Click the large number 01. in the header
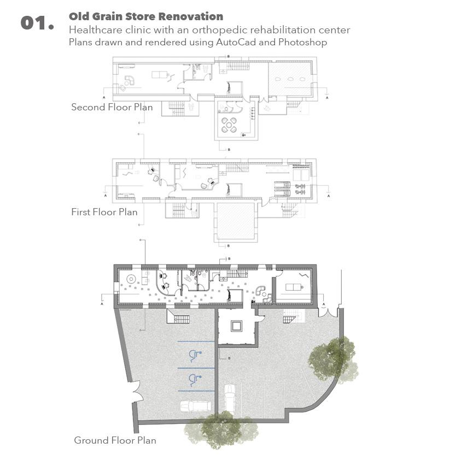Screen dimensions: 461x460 coord(37,23)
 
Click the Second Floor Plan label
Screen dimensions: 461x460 coord(112,107)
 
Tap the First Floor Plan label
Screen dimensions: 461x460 coord(104,212)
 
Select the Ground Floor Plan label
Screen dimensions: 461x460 coord(115,440)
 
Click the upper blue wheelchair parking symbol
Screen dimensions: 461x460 coord(194,356)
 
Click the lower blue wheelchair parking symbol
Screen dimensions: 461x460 coord(194,378)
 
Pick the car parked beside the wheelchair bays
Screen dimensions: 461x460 coord(195,406)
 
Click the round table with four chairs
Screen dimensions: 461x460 coord(229,125)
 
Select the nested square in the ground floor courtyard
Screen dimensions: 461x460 coord(237,326)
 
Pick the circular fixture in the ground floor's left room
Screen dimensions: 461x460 coord(131,279)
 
